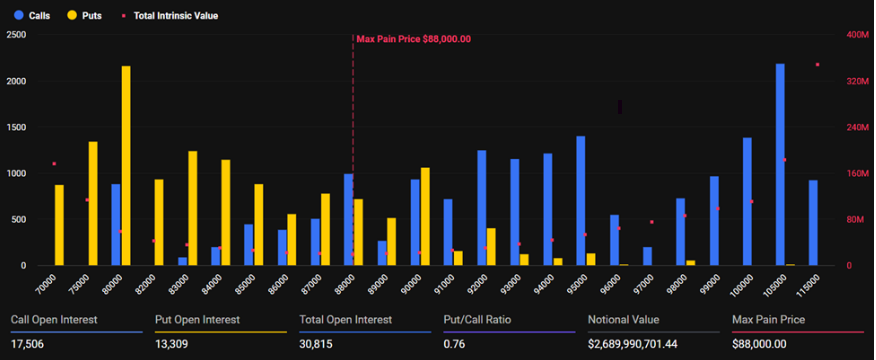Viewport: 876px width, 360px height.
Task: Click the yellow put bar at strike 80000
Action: [x=126, y=165]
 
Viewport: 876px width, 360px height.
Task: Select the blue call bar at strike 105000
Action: [x=780, y=164]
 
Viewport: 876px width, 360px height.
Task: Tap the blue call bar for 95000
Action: [x=580, y=201]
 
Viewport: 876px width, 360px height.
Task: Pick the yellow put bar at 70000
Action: [x=59, y=225]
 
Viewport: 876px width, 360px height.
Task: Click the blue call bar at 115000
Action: [x=813, y=222]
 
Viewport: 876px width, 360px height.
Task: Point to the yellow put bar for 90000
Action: [x=425, y=216]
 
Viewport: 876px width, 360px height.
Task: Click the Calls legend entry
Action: [x=32, y=16]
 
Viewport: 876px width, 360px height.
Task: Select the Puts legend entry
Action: [x=83, y=16]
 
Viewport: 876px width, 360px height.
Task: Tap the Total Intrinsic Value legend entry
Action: [x=170, y=16]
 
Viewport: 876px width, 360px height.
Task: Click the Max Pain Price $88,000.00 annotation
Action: [x=413, y=39]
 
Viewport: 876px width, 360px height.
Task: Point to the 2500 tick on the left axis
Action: [x=16, y=35]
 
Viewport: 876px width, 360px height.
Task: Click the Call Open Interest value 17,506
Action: [x=27, y=344]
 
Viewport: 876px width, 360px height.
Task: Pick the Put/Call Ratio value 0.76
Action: [x=453, y=344]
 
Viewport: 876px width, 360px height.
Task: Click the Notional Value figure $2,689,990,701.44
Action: [x=632, y=344]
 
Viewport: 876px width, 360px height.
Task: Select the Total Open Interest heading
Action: [x=346, y=320]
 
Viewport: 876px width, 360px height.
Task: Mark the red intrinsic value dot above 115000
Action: [x=817, y=64]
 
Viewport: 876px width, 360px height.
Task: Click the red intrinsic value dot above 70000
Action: [x=54, y=164]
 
